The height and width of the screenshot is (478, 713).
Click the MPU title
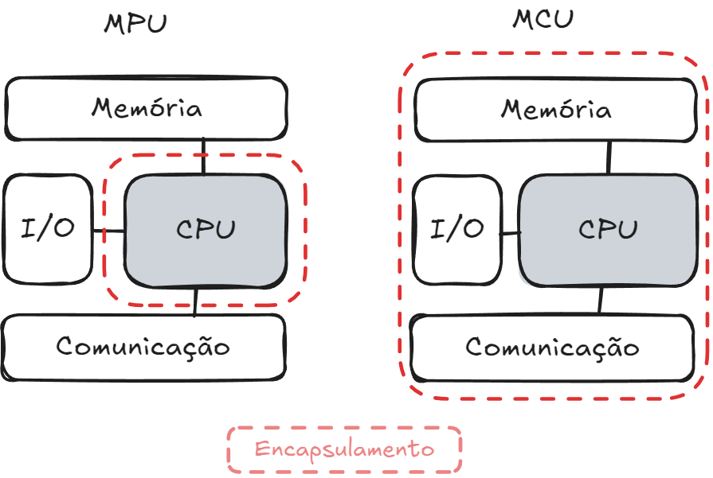tap(135, 23)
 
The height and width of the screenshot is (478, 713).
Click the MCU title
tap(542, 19)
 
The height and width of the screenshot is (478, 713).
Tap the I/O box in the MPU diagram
tap(48, 229)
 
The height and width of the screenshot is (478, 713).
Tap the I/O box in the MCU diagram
tap(457, 230)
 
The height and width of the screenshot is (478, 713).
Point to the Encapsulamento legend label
tap(344, 449)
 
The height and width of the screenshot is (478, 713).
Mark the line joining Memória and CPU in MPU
tap(204, 157)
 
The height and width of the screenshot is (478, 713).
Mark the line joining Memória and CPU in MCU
tap(609, 157)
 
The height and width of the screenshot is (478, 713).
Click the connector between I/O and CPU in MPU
tap(108, 231)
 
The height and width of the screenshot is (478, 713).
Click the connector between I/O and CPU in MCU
tap(511, 233)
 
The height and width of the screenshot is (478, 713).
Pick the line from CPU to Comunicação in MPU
tap(196, 301)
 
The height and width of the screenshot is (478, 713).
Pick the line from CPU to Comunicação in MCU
tap(601, 301)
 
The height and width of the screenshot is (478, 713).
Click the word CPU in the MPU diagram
tap(206, 230)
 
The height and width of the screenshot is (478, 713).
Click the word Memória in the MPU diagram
tap(146, 108)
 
